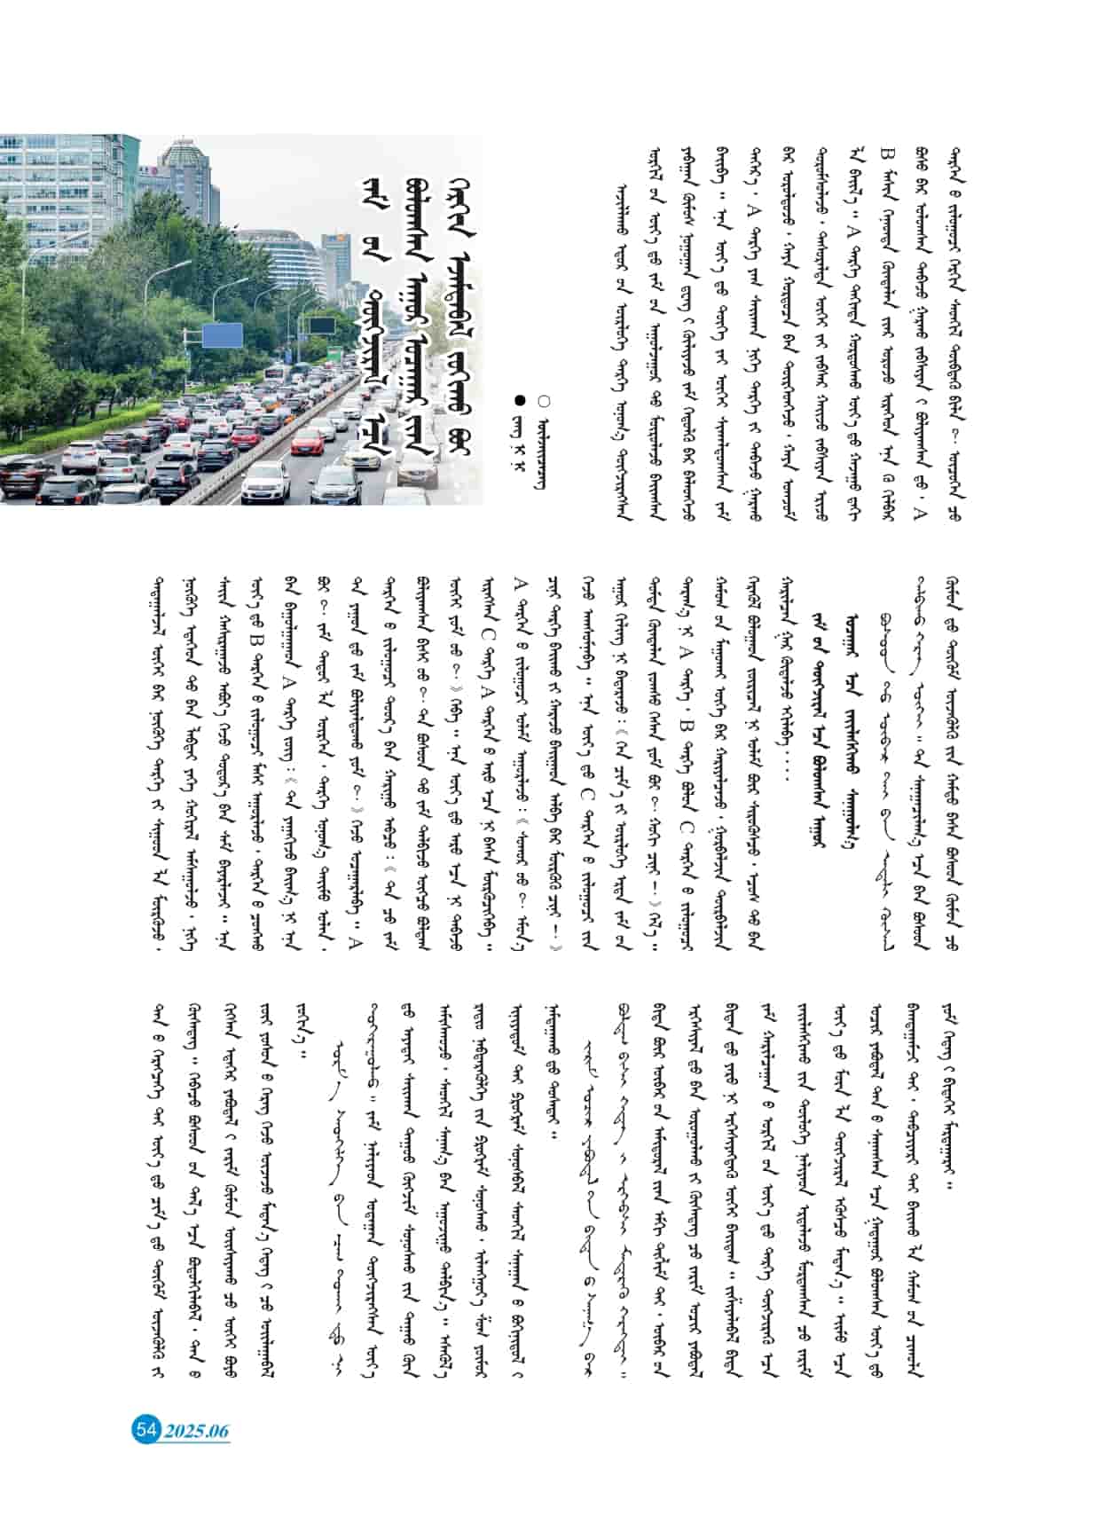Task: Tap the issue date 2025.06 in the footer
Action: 196,1430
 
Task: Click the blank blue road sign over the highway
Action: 222,335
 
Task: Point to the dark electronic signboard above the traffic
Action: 318,325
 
